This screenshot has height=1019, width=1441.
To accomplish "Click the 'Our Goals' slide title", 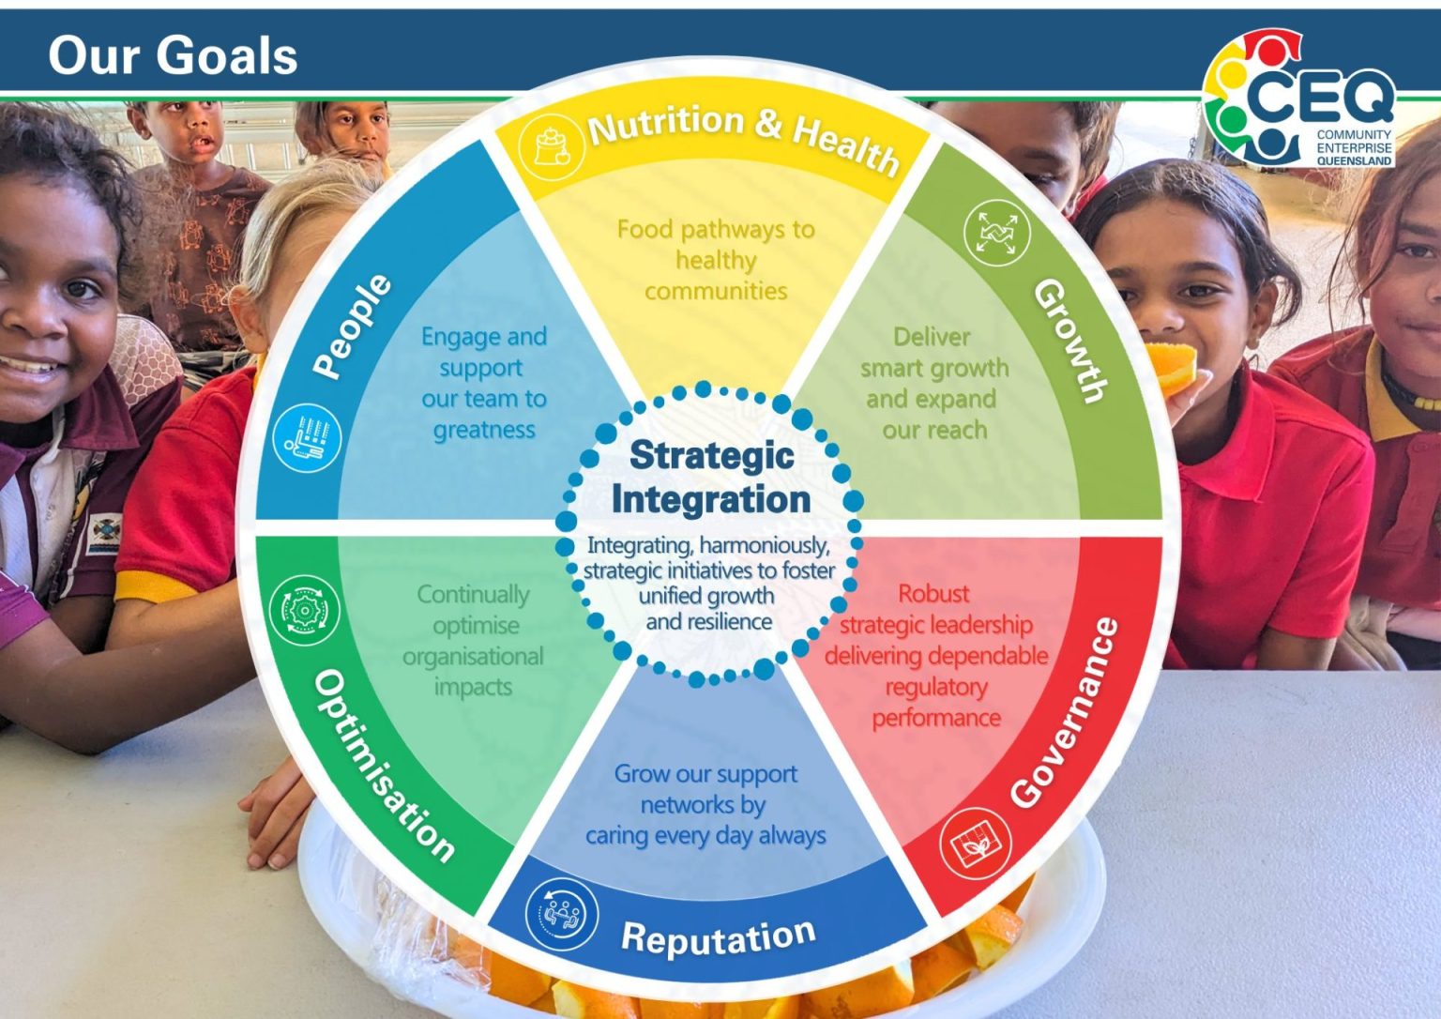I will click(173, 55).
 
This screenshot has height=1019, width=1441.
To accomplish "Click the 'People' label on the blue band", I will click(351, 326).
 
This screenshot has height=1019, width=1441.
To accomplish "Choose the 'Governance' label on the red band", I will click(1066, 712).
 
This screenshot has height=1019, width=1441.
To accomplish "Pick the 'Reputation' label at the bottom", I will click(718, 935).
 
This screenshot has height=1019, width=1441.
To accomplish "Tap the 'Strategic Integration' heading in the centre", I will click(711, 477).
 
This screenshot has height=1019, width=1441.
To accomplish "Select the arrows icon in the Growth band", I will click(996, 232).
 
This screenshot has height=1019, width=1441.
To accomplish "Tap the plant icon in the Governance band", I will click(976, 843).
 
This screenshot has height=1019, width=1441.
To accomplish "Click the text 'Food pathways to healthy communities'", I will click(716, 260).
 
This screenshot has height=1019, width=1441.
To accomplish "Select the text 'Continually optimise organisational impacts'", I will click(474, 640).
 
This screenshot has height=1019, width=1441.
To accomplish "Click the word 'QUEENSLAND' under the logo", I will click(1354, 161).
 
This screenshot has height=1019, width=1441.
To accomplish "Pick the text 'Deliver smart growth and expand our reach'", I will click(934, 383).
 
